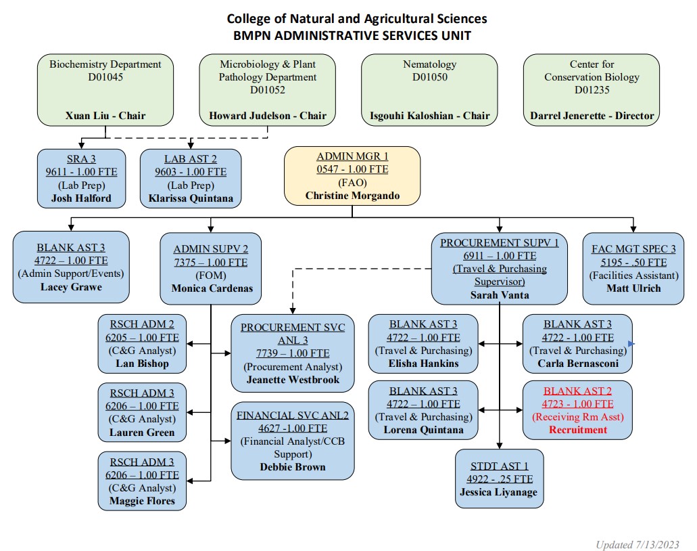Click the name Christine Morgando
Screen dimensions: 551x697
352,196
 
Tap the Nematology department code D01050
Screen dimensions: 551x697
430,77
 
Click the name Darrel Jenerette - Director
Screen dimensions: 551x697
592,116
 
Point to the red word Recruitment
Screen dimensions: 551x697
577,430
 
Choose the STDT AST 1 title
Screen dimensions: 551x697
499,466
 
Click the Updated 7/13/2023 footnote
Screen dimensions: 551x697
638,544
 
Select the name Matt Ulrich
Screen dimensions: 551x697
633,288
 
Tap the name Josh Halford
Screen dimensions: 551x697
81,199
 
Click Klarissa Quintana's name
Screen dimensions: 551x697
191,199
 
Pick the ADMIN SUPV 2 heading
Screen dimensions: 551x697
210,249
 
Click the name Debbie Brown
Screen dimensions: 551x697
292,466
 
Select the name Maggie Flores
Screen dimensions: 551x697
142,501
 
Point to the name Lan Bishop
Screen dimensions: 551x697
142,363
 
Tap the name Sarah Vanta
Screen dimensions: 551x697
499,294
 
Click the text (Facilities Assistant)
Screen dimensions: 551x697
633,275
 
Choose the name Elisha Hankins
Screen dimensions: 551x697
424,363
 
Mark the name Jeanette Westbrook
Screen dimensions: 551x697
292,380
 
